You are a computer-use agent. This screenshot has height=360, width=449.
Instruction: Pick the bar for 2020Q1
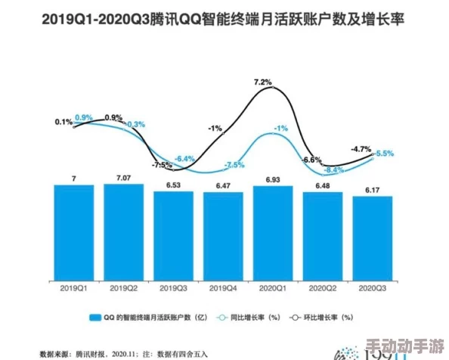point(273,234)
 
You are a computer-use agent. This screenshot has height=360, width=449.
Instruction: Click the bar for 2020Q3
point(373,239)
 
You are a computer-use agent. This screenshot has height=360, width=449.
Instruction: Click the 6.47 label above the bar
point(223,185)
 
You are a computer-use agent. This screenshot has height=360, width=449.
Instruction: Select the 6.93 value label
point(273,179)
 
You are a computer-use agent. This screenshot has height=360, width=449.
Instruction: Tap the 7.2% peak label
point(262,82)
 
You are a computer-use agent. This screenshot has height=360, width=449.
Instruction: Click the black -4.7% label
point(361,148)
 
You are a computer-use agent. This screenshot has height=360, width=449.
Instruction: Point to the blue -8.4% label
point(333,170)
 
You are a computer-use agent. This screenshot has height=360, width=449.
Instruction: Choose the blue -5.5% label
point(384,154)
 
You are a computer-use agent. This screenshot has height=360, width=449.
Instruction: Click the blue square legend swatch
point(95,318)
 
